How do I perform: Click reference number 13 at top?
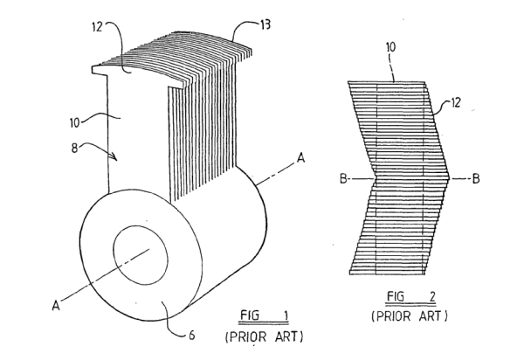pyautogui.click(x=265, y=24)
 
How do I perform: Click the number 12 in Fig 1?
pyautogui.click(x=97, y=27)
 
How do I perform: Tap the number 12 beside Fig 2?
pyautogui.click(x=456, y=102)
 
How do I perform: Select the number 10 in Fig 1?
pyautogui.click(x=75, y=122)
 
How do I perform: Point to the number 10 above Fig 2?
pyautogui.click(x=390, y=47)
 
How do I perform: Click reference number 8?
pyautogui.click(x=74, y=148)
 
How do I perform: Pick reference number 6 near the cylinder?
pyautogui.click(x=192, y=335)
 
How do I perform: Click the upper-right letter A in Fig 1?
pyautogui.click(x=301, y=157)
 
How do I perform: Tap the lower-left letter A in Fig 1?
pyautogui.click(x=56, y=305)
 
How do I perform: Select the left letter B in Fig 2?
pyautogui.click(x=343, y=179)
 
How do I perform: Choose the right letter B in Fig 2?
pyautogui.click(x=476, y=179)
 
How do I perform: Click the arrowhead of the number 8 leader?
pyautogui.click(x=114, y=156)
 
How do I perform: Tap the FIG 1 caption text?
pyautogui.click(x=264, y=315)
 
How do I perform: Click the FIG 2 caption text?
pyautogui.click(x=410, y=296)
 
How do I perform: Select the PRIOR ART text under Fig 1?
pyautogui.click(x=265, y=336)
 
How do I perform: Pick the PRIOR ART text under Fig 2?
pyautogui.click(x=409, y=316)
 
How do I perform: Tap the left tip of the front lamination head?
pyautogui.click(x=93, y=70)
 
